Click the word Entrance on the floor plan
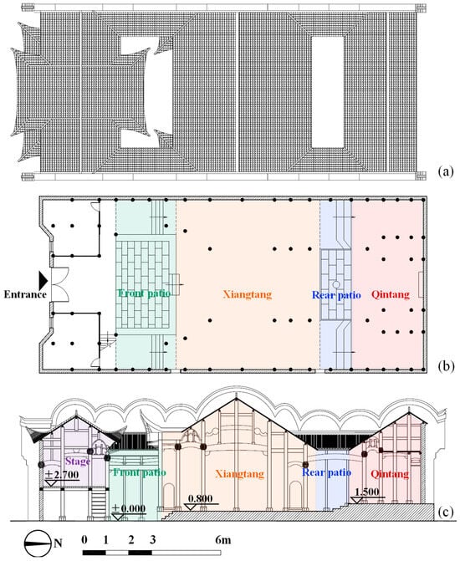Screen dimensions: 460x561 tap(25, 294)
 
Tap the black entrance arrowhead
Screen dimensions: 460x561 tap(43, 280)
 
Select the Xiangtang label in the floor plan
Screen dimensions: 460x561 tap(248, 294)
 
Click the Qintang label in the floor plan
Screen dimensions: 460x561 tap(391, 294)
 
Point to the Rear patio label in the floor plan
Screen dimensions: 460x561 tap(336, 295)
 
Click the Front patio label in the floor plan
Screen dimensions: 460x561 tap(144, 293)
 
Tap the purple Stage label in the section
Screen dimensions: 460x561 tap(77, 462)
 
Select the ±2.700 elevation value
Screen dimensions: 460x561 tap(62, 475)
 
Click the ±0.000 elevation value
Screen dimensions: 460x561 tap(129, 508)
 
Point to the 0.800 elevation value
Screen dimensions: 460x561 tap(200, 498)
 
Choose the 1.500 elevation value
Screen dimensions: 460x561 tap(367, 492)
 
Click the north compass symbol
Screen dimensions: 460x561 tap(38, 543)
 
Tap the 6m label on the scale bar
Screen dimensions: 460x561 tap(223, 539)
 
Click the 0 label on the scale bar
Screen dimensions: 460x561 tap(84, 539)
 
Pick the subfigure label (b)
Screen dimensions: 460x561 tap(446, 366)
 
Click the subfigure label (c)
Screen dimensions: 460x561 tap(446, 513)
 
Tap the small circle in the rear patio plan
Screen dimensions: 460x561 tap(336, 285)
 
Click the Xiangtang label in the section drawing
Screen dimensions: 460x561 tap(239, 474)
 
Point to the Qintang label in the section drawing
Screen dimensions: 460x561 tap(390, 474)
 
